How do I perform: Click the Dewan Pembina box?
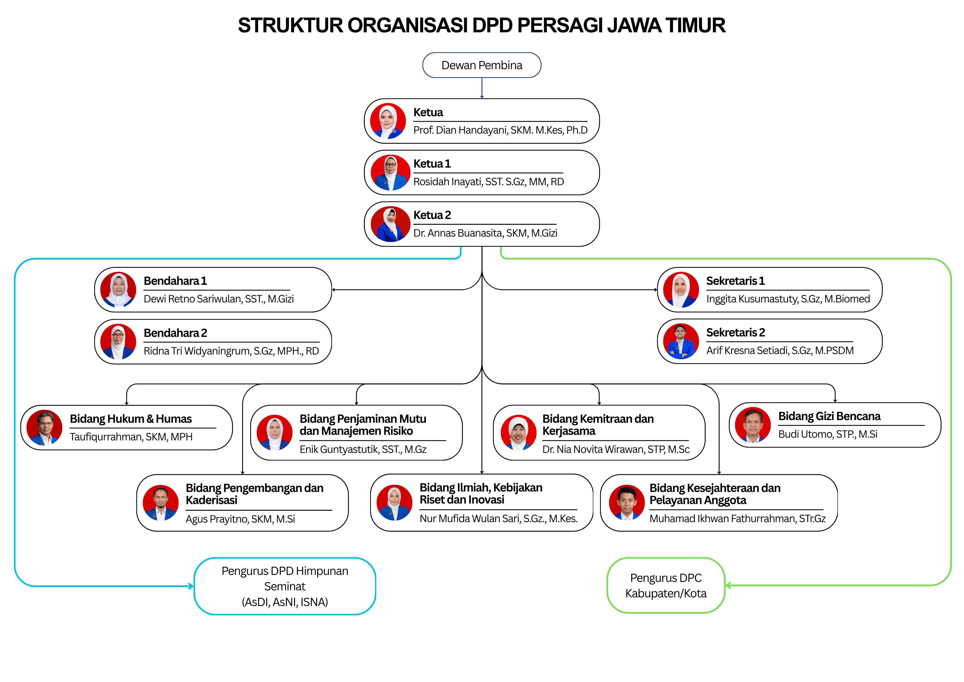(482, 65)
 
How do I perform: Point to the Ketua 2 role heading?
(432, 215)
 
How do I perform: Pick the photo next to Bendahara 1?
(118, 290)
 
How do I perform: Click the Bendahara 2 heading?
(175, 333)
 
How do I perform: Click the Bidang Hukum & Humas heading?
(131, 419)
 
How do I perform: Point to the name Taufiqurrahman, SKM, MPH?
(131, 437)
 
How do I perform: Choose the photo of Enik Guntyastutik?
(274, 432)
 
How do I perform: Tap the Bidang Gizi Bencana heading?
(829, 416)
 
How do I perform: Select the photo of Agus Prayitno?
(161, 503)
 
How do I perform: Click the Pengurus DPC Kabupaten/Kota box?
(666, 585)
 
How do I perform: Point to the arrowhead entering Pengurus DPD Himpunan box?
(191, 586)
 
